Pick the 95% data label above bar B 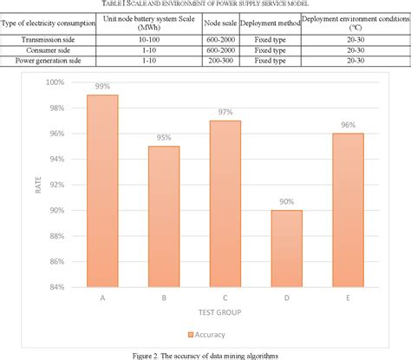[x=165, y=138]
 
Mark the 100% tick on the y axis [x=55, y=82]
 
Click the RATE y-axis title [x=37, y=185]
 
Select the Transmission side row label [x=49, y=40]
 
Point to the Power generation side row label [x=49, y=61]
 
